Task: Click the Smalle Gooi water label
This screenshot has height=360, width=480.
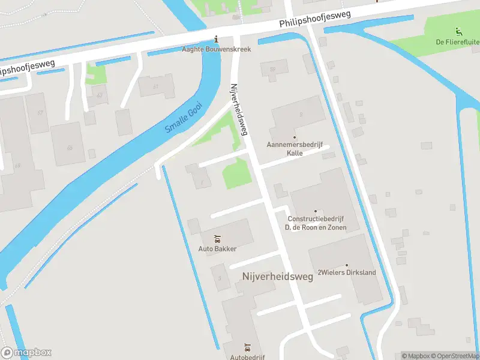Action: click(x=184, y=118)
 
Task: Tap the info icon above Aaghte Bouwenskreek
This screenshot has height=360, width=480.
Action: click(x=216, y=40)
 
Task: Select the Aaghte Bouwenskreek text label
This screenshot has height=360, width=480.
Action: click(x=216, y=49)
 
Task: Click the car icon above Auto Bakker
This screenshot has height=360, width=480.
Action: click(x=217, y=239)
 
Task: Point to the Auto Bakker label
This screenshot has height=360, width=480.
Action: click(x=217, y=248)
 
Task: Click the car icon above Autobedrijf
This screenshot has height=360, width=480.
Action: click(x=247, y=347)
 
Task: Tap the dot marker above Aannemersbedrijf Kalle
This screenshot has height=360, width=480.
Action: click(x=294, y=137)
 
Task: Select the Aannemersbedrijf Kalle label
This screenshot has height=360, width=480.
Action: click(x=294, y=149)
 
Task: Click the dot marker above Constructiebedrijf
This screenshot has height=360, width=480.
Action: click(x=316, y=211)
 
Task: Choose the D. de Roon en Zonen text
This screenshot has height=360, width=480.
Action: click(x=316, y=227)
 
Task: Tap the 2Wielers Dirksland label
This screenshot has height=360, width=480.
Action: click(x=346, y=272)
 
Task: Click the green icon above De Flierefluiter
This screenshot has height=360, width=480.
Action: click(x=459, y=32)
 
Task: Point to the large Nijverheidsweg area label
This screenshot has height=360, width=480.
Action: click(x=278, y=277)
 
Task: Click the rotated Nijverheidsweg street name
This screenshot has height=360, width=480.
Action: click(x=239, y=109)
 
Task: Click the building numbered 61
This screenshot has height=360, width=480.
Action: click(x=155, y=87)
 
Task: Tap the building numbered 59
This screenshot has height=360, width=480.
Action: click(x=273, y=69)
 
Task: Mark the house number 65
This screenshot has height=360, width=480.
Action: click(x=70, y=148)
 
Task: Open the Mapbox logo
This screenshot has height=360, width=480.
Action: click(x=26, y=353)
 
